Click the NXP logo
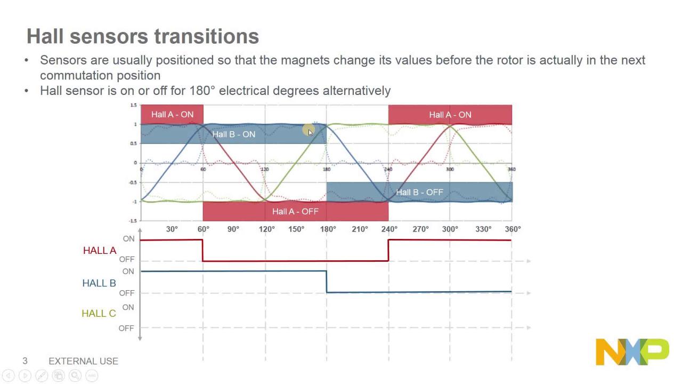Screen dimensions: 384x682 click(x=632, y=352)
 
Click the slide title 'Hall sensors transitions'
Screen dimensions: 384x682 click(x=143, y=37)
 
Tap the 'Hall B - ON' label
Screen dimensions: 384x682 click(x=234, y=134)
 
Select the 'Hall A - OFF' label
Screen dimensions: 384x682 click(x=295, y=212)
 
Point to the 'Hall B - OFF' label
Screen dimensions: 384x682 click(x=419, y=193)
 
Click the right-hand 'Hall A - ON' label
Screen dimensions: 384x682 click(x=450, y=115)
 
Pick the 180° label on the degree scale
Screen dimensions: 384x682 click(x=328, y=229)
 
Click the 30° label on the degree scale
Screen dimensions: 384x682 click(x=172, y=229)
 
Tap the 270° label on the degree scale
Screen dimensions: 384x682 click(x=420, y=229)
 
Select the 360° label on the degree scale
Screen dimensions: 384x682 click(x=513, y=229)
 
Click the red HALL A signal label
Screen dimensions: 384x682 click(x=100, y=251)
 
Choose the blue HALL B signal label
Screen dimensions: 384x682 click(x=99, y=283)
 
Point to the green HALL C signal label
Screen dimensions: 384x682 click(x=99, y=314)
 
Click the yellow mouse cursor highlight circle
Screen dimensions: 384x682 click(x=308, y=130)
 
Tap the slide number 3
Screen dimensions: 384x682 click(x=25, y=361)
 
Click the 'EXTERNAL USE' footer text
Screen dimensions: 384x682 click(x=83, y=361)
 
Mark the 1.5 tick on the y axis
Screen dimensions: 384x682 click(x=133, y=106)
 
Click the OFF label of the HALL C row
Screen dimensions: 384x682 click(x=126, y=328)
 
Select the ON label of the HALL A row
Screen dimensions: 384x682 click(x=129, y=239)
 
